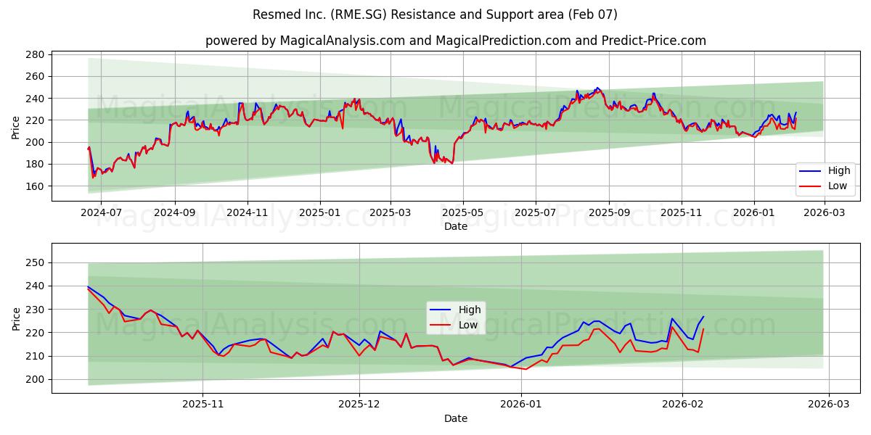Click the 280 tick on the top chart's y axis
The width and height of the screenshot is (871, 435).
point(36,54)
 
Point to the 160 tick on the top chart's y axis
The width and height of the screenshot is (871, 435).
point(36,186)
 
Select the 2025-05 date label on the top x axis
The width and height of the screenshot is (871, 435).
point(462,213)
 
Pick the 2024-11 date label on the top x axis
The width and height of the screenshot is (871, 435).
point(248,213)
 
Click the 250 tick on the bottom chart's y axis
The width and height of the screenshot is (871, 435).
point(36,262)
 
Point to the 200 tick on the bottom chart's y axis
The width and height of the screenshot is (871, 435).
point(36,379)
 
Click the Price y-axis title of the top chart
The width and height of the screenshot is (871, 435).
point(16,128)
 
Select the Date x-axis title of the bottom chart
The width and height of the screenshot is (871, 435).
point(456,418)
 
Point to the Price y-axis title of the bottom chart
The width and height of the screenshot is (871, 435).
point(16,318)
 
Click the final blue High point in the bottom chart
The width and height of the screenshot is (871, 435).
point(703,316)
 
